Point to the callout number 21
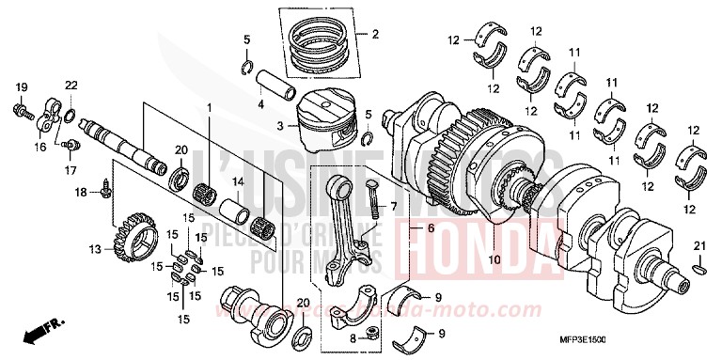click(x=698, y=246)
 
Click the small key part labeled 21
click(x=698, y=270)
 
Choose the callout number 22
click(x=71, y=86)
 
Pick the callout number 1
click(x=209, y=109)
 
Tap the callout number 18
click(x=82, y=192)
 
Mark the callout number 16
click(x=39, y=148)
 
